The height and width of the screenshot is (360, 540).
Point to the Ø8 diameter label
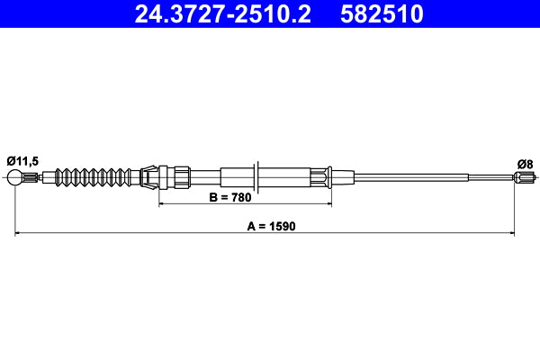tap(524, 163)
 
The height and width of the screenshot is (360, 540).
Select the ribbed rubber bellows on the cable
tap(94, 177)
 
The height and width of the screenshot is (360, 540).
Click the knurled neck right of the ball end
tap(31, 178)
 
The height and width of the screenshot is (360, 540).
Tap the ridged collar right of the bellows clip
tap(178, 177)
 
